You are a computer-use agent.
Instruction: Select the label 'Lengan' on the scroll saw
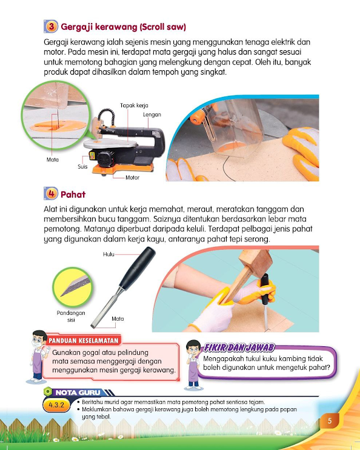(x=152, y=114)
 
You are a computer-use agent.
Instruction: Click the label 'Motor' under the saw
(x=132, y=178)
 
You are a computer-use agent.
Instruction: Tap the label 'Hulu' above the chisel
(x=109, y=255)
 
